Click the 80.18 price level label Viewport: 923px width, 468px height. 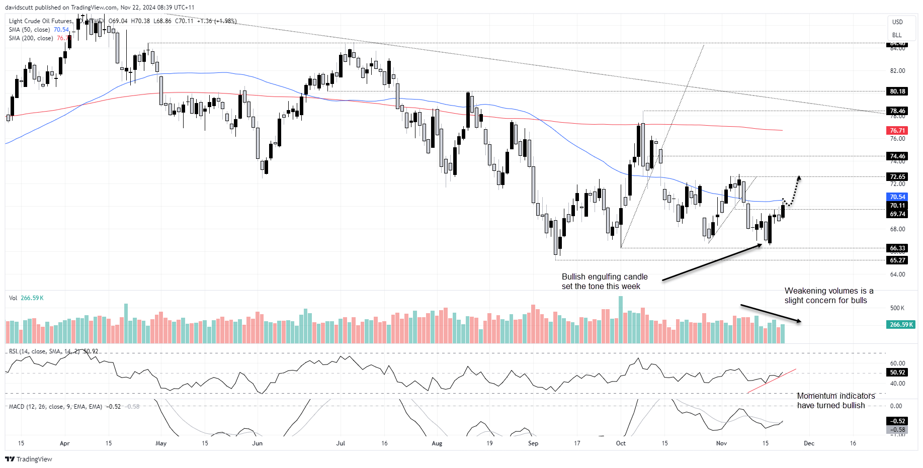[x=897, y=91]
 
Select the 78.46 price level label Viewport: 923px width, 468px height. [x=897, y=111]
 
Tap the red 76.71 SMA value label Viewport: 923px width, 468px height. [x=897, y=131]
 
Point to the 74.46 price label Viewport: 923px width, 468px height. [x=897, y=156]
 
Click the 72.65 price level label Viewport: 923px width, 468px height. [x=897, y=177]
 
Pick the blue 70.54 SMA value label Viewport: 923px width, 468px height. [x=897, y=197]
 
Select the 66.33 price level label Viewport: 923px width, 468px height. [x=897, y=248]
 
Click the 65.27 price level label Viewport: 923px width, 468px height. [x=897, y=260]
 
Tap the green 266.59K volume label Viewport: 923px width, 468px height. [x=901, y=325]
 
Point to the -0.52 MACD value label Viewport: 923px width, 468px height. [x=897, y=421]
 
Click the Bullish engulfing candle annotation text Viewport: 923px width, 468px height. [x=604, y=282]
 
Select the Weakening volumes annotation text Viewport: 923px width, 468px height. [x=828, y=296]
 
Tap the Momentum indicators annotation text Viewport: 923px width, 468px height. [x=835, y=401]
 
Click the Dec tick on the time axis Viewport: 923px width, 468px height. [x=809, y=443]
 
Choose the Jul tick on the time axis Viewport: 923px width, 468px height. [x=341, y=443]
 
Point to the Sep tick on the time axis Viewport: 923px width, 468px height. [x=533, y=443]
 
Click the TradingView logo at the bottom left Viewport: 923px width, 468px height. [x=29, y=459]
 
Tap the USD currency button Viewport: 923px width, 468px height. [x=897, y=22]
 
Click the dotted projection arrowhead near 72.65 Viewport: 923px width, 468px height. [x=798, y=177]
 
